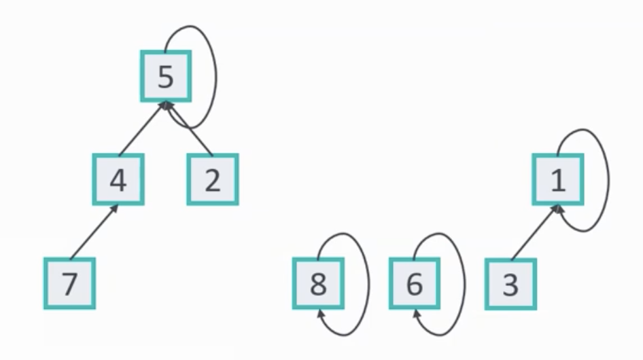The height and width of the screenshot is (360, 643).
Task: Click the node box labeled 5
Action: (166, 77)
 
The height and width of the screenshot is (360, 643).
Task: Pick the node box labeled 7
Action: (69, 284)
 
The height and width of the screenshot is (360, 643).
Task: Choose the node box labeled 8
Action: (318, 284)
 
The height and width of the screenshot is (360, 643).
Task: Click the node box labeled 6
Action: (415, 284)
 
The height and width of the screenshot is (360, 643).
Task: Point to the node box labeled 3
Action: (510, 284)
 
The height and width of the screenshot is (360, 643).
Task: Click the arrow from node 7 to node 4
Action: (94, 232)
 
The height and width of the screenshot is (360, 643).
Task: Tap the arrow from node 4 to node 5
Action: (141, 129)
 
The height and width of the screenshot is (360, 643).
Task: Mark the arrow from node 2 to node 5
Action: (193, 132)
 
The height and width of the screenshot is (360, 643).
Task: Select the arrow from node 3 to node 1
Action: (535, 232)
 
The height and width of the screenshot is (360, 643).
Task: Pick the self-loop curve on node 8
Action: (368, 285)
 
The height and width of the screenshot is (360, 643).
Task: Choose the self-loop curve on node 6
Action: (464, 285)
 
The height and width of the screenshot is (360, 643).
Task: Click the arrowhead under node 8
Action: (319, 314)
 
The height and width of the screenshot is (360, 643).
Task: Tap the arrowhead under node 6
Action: (416, 314)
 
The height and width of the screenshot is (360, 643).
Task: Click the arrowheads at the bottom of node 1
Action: (559, 209)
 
